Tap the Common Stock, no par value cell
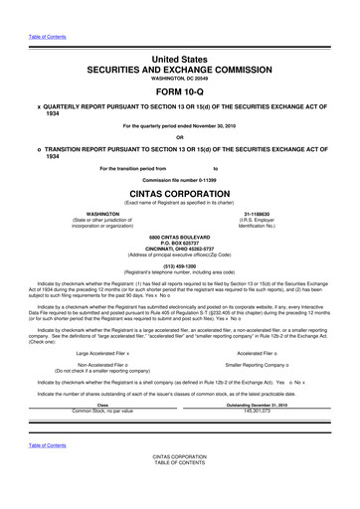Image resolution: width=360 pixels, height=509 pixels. [x=102, y=411]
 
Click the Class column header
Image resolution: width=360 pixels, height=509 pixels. [x=102, y=405]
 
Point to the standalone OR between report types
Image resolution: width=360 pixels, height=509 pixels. [x=180, y=137]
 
